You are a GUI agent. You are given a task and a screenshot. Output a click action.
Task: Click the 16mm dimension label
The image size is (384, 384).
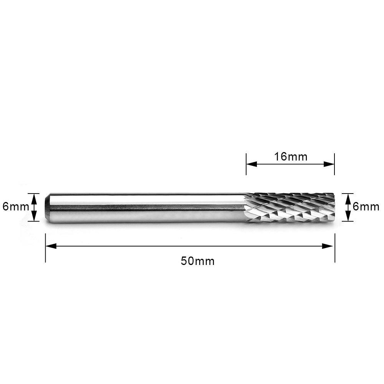pyautogui.click(x=291, y=157)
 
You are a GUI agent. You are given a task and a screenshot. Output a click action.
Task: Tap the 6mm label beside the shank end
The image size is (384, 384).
pyautogui.click(x=15, y=207)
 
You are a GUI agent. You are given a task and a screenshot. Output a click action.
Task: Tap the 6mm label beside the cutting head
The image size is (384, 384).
pyautogui.click(x=366, y=207)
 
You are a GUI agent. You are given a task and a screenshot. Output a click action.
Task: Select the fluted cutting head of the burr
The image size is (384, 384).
pyautogui.click(x=290, y=208)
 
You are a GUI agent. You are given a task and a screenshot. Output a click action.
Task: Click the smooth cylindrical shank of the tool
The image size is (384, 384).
pyautogui.click(x=146, y=207)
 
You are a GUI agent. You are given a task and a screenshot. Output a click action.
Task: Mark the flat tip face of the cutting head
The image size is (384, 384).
pyautogui.click(x=334, y=208)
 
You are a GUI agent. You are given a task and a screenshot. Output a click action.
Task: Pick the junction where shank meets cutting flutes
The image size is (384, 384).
pyautogui.click(x=245, y=208)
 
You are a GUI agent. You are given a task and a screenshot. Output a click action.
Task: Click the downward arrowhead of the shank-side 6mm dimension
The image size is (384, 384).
pyautogui.click(x=35, y=218)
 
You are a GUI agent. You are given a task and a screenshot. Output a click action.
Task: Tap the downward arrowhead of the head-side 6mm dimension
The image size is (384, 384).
pyautogui.click(x=348, y=218)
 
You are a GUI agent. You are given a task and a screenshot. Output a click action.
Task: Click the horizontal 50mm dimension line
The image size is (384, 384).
pyautogui.click(x=154, y=246)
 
